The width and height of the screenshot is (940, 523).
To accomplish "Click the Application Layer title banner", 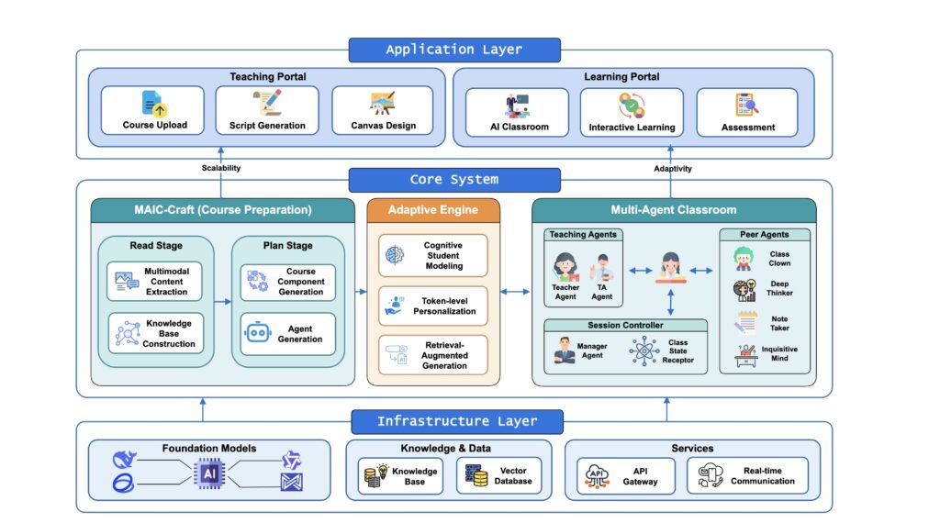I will coord(453,50).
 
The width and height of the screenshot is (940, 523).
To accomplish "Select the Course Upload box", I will coord(154,111).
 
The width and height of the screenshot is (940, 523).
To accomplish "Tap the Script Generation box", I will coord(267,111).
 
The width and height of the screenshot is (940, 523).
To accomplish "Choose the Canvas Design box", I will coord(383,111).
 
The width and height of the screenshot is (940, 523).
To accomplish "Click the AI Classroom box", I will coord(519,112).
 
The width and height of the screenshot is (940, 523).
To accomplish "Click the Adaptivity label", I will coord(673,168).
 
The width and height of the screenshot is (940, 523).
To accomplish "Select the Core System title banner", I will coord(453,179).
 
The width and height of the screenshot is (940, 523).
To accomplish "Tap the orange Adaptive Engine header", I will coord(433,210).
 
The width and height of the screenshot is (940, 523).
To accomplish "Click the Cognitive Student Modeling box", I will coord(433,255).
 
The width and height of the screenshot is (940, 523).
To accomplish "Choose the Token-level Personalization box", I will coord(433,305).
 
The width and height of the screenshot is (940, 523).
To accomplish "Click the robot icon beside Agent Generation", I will coord(256,333).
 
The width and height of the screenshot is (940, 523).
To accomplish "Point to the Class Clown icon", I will coord(744,259).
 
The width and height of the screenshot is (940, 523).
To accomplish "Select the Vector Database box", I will coord(501,475).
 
